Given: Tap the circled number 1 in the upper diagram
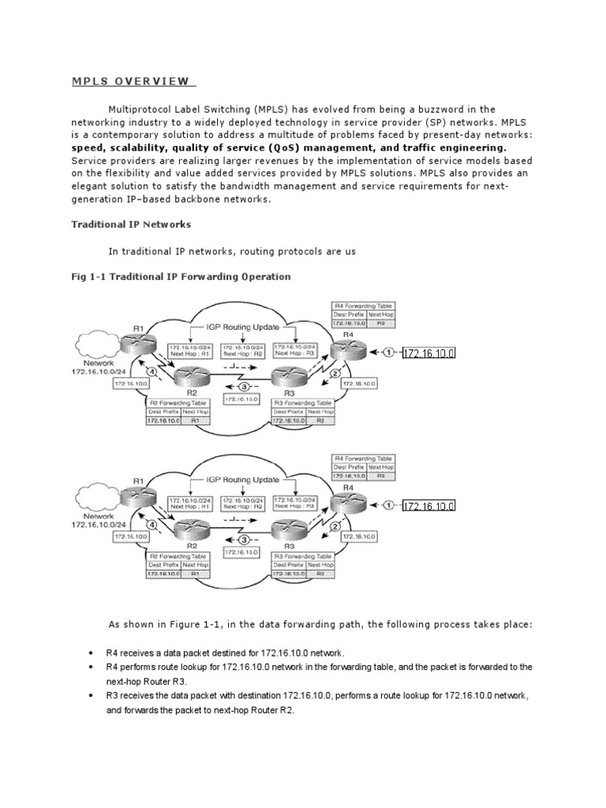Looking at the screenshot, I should (x=388, y=352).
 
